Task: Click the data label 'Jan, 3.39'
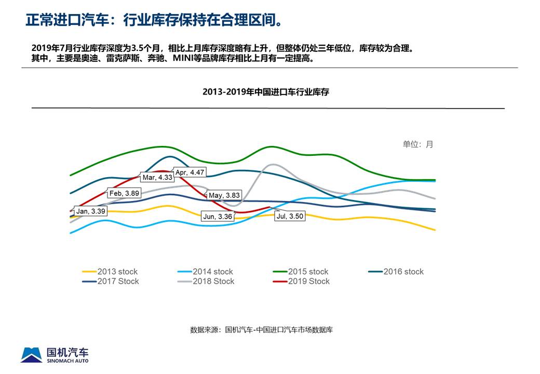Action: coord(91,211)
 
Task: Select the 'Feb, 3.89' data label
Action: coord(124,193)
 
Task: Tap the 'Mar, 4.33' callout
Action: coord(157,177)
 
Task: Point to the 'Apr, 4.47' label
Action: coord(190,172)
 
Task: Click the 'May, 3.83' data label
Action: coord(224,195)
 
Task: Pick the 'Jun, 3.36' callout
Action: coord(218,217)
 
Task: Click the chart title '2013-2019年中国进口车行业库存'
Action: coord(266,92)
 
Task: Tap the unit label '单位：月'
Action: coord(417,144)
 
